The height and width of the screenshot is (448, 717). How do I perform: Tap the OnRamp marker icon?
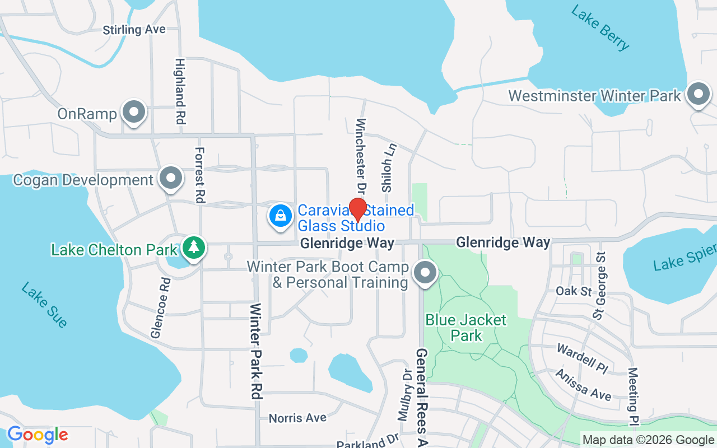(x=134, y=112)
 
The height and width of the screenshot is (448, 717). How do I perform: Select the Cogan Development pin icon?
(x=171, y=179)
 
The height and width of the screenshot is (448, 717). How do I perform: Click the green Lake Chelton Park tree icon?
(x=194, y=248)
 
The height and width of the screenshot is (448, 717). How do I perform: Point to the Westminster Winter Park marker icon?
(x=698, y=95)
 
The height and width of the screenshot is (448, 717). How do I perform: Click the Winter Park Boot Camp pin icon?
(x=425, y=273)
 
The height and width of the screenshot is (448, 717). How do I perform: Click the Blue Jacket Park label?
(x=466, y=328)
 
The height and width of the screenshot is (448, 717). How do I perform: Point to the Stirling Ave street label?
(x=134, y=29)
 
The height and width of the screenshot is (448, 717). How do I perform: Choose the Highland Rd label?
(x=180, y=91)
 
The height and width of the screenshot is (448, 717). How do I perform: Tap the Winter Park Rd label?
(x=257, y=351)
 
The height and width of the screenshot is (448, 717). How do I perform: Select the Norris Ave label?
(x=297, y=418)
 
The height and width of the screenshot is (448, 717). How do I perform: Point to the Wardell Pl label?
(x=582, y=358)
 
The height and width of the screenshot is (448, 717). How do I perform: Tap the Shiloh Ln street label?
(x=389, y=167)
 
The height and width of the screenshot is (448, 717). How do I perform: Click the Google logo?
(x=38, y=435)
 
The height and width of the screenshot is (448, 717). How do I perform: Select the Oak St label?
(x=574, y=291)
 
